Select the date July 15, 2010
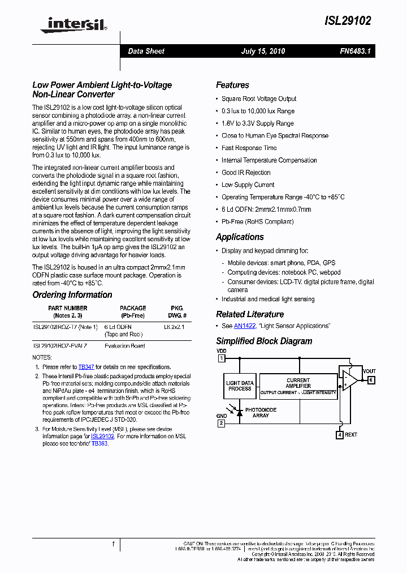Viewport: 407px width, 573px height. pos(263,52)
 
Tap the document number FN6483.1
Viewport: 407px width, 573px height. pos(356,52)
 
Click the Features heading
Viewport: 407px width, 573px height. pos(232,85)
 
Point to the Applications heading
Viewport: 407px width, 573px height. pos(240,237)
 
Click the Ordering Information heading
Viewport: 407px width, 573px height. pos(72,295)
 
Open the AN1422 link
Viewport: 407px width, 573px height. pos(245,326)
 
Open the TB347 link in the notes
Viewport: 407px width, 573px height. pos(86,367)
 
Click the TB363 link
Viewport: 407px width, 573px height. pos(99,443)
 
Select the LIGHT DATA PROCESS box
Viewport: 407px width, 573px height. pos(240,386)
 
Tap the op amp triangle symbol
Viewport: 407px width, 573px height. pos(347,380)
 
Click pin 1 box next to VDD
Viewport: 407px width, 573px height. pos(222,358)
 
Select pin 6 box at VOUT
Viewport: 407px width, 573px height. pos(371,380)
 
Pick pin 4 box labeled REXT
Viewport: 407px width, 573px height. pos(339,435)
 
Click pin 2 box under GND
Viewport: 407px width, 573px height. pos(222,423)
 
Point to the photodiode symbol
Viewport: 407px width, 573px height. pos(239,413)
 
